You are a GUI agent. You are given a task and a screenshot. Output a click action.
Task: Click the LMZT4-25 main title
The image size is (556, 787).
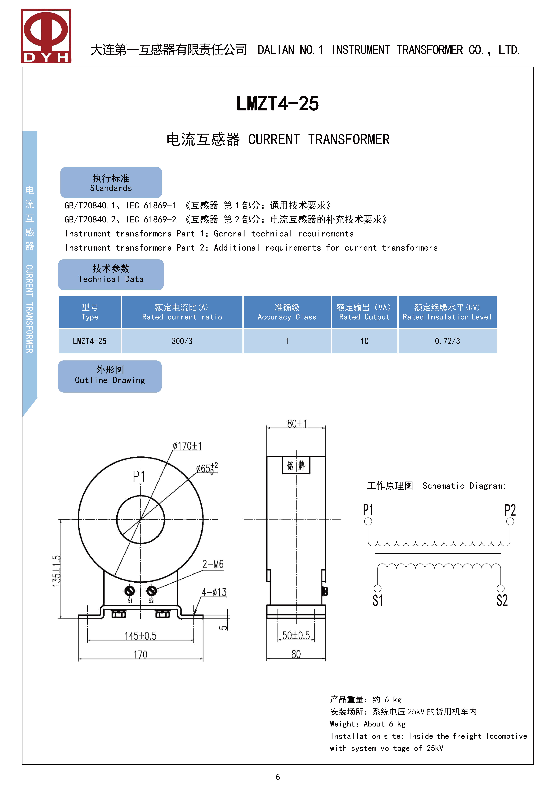click(x=278, y=104)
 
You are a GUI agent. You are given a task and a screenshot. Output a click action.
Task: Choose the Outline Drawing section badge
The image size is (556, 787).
click(x=110, y=376)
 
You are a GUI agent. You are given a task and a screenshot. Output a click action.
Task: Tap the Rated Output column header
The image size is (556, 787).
click(x=364, y=312)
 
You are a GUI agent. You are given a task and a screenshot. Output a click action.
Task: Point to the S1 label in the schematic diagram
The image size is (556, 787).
click(x=378, y=601)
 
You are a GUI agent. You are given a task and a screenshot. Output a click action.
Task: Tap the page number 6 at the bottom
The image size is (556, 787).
click(x=278, y=777)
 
